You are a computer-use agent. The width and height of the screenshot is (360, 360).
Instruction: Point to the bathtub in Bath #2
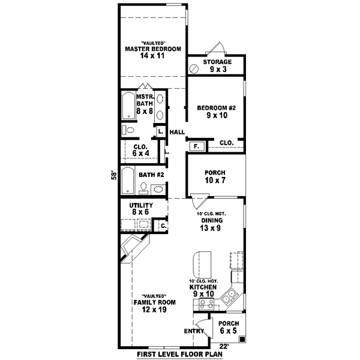(x=127, y=180)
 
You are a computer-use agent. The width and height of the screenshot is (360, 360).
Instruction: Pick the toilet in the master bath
(x=128, y=130)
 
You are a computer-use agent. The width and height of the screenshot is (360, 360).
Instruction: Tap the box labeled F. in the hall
(x=196, y=146)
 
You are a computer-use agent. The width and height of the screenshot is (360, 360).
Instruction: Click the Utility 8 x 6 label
(x=142, y=209)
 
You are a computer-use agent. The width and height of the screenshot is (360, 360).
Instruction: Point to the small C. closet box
(x=161, y=226)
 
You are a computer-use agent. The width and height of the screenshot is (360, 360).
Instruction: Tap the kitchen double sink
(x=229, y=296)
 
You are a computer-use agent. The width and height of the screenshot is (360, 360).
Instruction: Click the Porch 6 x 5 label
(x=229, y=327)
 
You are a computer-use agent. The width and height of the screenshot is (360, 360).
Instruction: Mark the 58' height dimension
(x=112, y=176)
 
